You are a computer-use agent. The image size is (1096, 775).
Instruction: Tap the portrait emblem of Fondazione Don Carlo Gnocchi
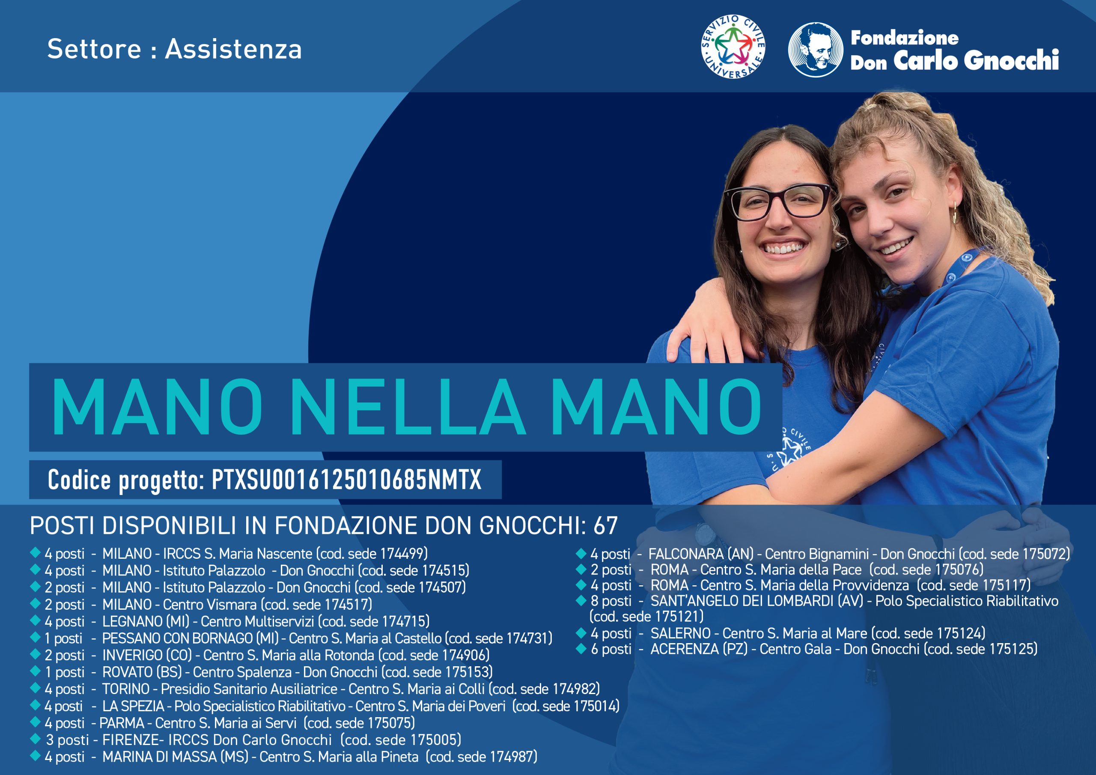pos(815,49)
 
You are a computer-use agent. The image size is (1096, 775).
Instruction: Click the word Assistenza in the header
pos(233,49)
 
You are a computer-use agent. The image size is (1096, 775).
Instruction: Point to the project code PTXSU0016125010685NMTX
pos(346,480)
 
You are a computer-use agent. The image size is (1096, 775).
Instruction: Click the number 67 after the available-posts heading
pos(605,526)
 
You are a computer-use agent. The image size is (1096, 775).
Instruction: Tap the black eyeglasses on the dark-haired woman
pos(777,202)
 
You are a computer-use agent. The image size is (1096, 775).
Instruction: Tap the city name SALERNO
pos(680,633)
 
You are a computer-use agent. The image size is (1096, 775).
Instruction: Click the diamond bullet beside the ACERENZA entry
pos(581,648)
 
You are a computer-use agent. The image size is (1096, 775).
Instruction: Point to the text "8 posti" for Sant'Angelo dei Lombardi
pos(611,601)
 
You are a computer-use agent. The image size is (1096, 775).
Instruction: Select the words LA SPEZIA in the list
pos(133,706)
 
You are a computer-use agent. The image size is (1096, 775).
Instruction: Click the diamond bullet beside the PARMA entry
pos(35,722)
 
